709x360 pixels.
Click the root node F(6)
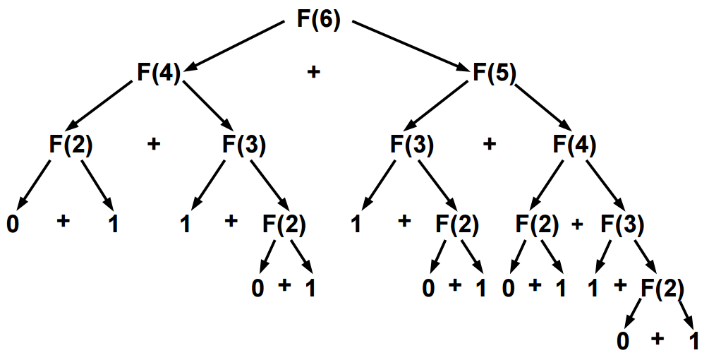coord(317,19)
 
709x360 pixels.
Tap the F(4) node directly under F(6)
coord(159,73)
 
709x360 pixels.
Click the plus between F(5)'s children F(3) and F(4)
coord(490,144)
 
